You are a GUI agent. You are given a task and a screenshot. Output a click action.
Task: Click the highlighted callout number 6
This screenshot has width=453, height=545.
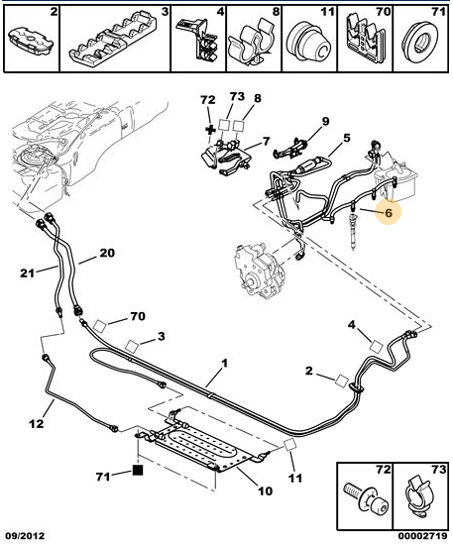click(x=389, y=212)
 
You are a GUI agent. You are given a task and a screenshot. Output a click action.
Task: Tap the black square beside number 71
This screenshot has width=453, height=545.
click(x=138, y=470)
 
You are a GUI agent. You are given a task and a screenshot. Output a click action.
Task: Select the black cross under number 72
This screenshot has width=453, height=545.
click(x=210, y=130)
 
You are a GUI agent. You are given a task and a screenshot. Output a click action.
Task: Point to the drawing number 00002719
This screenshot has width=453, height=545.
click(x=422, y=536)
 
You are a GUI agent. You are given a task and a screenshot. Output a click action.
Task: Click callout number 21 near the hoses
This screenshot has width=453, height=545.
click(x=27, y=273)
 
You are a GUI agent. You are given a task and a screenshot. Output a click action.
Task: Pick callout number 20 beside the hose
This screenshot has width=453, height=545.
click(x=107, y=253)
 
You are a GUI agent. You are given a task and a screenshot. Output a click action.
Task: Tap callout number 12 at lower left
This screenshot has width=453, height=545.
click(x=37, y=423)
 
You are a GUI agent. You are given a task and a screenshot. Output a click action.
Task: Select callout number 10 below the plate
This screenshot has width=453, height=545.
click(x=265, y=490)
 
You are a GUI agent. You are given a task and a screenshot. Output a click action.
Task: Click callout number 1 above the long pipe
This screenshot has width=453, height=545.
click(x=225, y=364)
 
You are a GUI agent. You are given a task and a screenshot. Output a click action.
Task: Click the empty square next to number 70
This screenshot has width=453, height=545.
click(x=100, y=326)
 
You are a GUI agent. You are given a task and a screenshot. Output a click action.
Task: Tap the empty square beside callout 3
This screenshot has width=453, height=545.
click(x=132, y=346)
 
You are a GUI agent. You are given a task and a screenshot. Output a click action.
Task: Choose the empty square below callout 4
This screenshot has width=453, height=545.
click(x=376, y=347)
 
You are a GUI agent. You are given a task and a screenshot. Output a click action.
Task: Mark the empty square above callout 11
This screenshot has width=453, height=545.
click(x=289, y=445)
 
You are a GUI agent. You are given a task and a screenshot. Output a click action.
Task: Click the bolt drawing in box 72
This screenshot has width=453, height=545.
click(x=365, y=498)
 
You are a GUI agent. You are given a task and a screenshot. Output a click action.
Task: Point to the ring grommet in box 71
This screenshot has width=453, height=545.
click(x=420, y=43)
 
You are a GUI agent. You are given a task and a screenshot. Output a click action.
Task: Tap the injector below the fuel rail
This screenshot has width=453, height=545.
click(x=354, y=231)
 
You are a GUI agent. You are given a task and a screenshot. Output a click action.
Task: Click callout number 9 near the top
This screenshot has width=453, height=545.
click(x=325, y=121)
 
